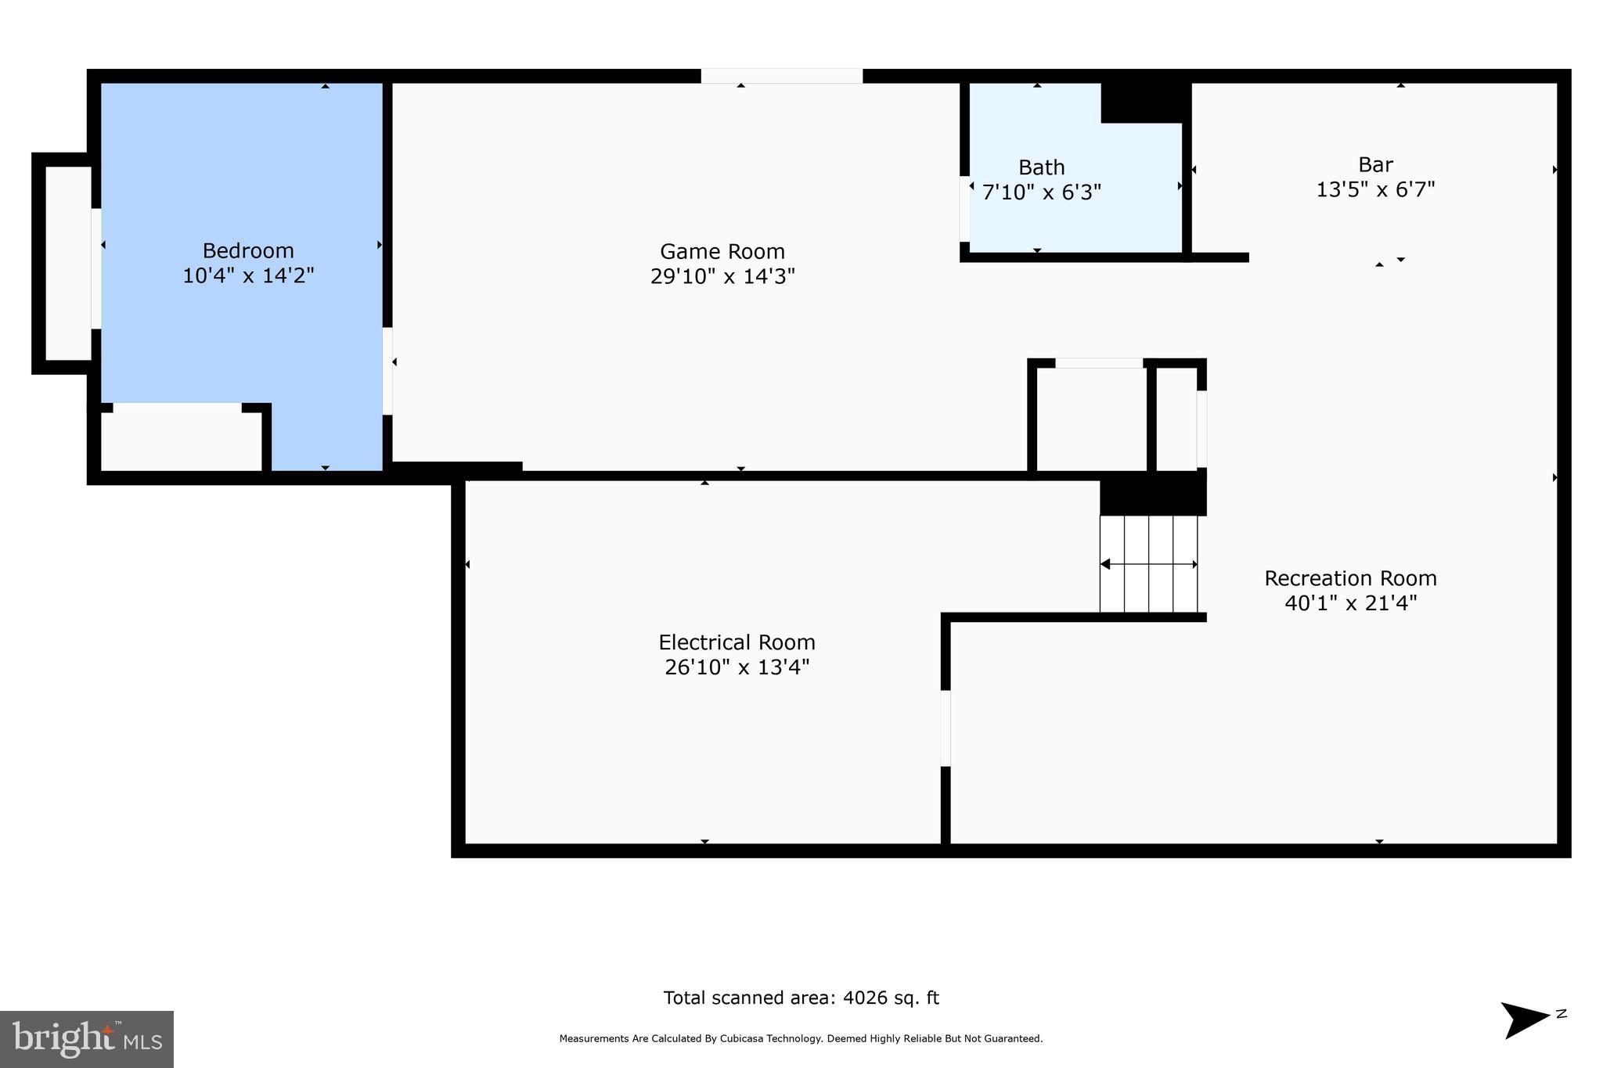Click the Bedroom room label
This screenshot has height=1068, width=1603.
coord(248,250)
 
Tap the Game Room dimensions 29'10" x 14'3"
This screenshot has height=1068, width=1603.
coord(722,276)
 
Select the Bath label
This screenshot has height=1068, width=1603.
coord(1041,167)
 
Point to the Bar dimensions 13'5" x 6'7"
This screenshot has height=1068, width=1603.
coord(1375,189)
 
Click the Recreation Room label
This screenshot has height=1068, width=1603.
coord(1350,578)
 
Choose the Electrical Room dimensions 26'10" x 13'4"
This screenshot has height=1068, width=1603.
coord(737,667)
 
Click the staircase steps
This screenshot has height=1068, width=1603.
coord(1148,563)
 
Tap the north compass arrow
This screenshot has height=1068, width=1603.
coord(1525,1019)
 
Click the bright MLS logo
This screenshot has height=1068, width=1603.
coord(87,1039)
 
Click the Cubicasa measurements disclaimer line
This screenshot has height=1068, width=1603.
coord(801,1039)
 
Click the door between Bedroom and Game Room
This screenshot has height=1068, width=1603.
coord(387,371)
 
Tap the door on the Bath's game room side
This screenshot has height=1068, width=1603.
coord(964,209)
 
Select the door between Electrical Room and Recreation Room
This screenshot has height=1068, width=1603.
coord(946,728)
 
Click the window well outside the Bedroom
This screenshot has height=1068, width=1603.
coord(68,264)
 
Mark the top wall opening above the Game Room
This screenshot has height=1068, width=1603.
coord(781,76)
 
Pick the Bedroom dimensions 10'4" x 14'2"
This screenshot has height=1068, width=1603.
coord(248,275)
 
